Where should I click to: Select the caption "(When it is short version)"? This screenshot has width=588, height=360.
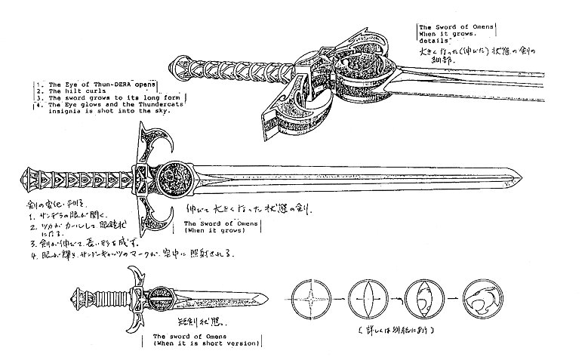(x=205, y=344)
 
